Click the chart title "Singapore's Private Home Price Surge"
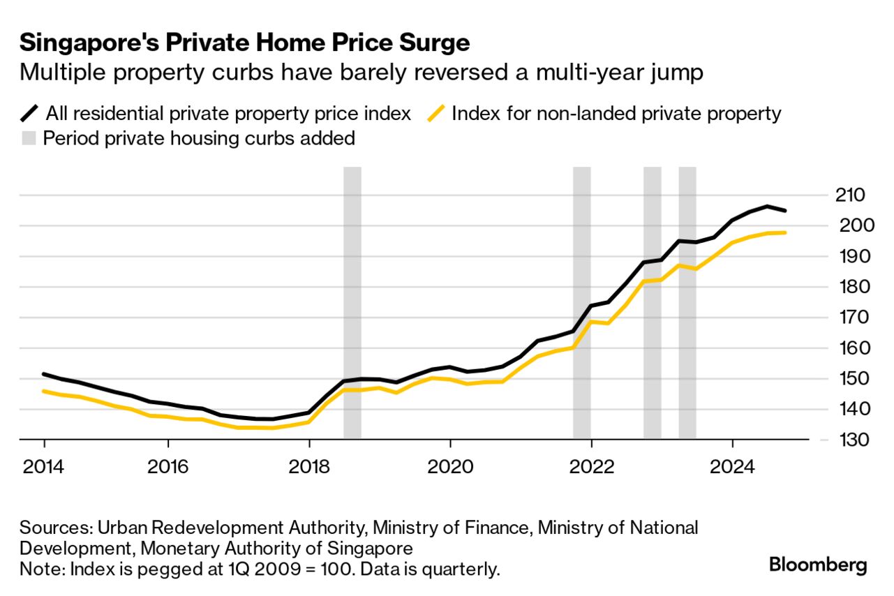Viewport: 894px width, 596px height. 244,43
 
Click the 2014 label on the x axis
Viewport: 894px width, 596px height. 43,465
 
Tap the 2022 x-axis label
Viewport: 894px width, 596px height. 590,465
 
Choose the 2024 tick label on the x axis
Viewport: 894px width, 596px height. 731,465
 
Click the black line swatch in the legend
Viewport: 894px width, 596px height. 31,113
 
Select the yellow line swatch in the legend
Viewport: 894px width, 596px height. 436,113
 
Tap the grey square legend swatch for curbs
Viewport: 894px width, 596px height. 29,138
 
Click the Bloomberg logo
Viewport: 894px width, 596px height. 818,565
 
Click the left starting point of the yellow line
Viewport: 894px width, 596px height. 44,391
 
